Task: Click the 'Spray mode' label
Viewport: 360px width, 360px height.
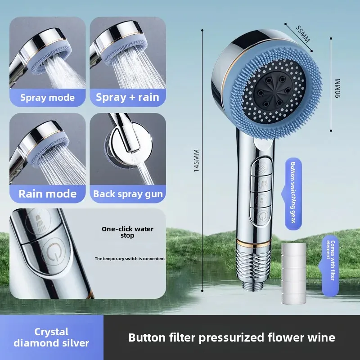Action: click(47, 98)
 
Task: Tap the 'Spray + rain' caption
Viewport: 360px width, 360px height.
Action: click(127, 97)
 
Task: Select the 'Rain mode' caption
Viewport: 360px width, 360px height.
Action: click(47, 194)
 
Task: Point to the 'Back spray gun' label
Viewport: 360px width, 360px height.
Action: click(128, 194)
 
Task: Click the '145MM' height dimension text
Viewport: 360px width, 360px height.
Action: click(196, 161)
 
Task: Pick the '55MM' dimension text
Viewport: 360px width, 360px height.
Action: click(302, 34)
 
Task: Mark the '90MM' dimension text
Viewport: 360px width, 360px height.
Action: click(337, 88)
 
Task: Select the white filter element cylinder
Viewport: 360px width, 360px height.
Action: click(294, 273)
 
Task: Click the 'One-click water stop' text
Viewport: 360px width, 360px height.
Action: click(127, 232)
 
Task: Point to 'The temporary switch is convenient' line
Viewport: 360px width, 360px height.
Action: click(130, 259)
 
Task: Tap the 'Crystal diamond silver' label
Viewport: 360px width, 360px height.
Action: click(51, 337)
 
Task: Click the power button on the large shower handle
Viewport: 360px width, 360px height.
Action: click(261, 216)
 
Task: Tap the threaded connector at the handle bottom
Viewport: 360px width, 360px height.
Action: click(254, 266)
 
